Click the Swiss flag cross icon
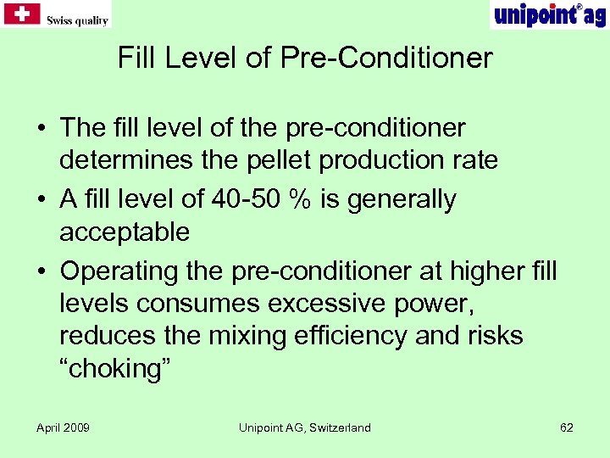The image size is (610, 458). coord(22,14)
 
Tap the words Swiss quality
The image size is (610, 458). coord(77,19)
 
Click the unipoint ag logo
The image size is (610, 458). coord(548,14)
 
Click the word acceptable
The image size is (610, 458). coord(125,231)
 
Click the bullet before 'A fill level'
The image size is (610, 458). coord(41,200)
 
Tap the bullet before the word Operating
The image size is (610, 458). coord(41,271)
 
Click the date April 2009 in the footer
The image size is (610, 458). coord(63,427)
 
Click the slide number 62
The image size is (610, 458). coord(567,427)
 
